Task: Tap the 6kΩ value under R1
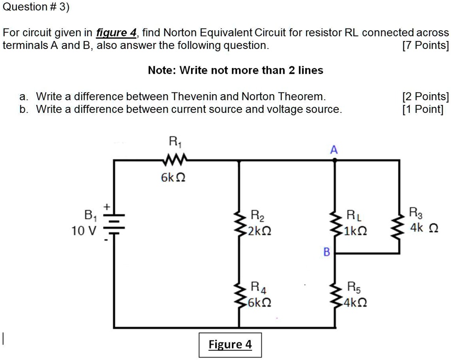tap(173, 178)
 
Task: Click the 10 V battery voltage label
tap(83, 230)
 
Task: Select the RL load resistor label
tap(354, 216)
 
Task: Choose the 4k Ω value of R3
tap(424, 228)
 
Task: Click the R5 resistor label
tap(354, 287)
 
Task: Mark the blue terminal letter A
tap(333, 150)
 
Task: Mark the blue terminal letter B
tap(327, 252)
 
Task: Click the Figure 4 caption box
tap(230, 345)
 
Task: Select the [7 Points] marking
tap(425, 46)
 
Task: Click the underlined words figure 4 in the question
tap(116, 33)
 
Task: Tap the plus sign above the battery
tap(107, 206)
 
